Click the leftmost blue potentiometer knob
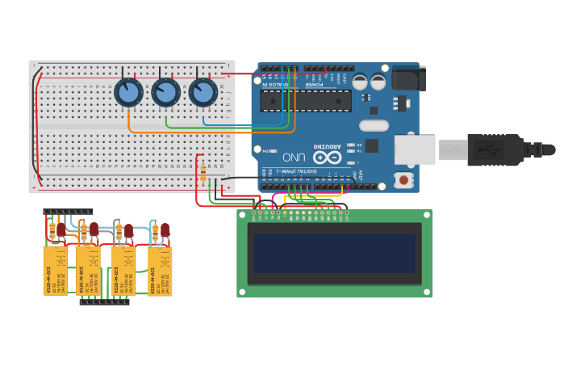(x=128, y=93)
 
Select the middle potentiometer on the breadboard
(x=165, y=93)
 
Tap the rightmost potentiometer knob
(x=203, y=93)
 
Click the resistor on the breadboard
(x=203, y=173)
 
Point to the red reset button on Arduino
(x=401, y=179)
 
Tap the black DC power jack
(x=408, y=78)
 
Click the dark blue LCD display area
(x=334, y=254)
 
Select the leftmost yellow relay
(x=56, y=271)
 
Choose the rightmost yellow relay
(x=160, y=271)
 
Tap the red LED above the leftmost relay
(x=61, y=230)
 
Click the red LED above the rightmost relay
(x=165, y=230)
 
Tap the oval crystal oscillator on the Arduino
(x=374, y=125)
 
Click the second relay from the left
(x=89, y=271)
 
